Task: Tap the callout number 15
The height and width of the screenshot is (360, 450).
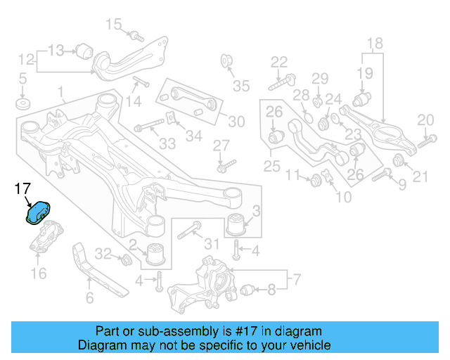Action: coord(114,26)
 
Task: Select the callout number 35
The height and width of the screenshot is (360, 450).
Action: coord(241,86)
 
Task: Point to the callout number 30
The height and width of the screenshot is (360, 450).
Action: coord(236,122)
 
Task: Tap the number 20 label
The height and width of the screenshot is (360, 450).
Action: coord(425,120)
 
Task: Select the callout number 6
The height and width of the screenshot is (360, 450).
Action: coord(89,298)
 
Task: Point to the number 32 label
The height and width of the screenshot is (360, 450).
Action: coord(103,254)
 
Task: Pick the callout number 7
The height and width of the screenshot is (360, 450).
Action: coord(297,281)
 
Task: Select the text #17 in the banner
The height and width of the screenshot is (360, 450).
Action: coord(238,331)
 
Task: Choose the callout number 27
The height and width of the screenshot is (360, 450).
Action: coord(222,146)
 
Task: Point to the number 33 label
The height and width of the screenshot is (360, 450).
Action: coord(167,144)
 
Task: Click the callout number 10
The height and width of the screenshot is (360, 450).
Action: coord(344,198)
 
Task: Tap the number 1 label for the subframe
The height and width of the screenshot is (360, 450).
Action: coord(61,91)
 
